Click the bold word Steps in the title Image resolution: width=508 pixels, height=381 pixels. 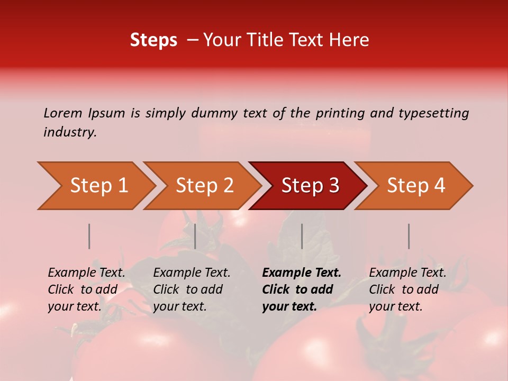coord(153,40)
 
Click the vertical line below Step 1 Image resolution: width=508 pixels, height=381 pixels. coord(89,236)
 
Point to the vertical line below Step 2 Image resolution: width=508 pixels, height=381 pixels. coord(195,236)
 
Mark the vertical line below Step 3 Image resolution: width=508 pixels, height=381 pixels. coord(302,236)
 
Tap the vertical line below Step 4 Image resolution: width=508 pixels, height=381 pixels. coord(409,236)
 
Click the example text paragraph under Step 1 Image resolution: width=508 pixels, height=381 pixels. coord(86,289)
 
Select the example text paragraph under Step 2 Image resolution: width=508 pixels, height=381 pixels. coord(192,289)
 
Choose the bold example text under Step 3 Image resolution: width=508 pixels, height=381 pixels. coord(302,289)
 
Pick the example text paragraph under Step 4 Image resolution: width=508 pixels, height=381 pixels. coord(407,289)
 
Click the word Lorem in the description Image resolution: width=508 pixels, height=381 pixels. coord(62,113)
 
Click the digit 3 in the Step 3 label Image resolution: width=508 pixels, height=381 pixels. coord(333,186)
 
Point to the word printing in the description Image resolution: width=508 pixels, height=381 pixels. coord(340,113)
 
